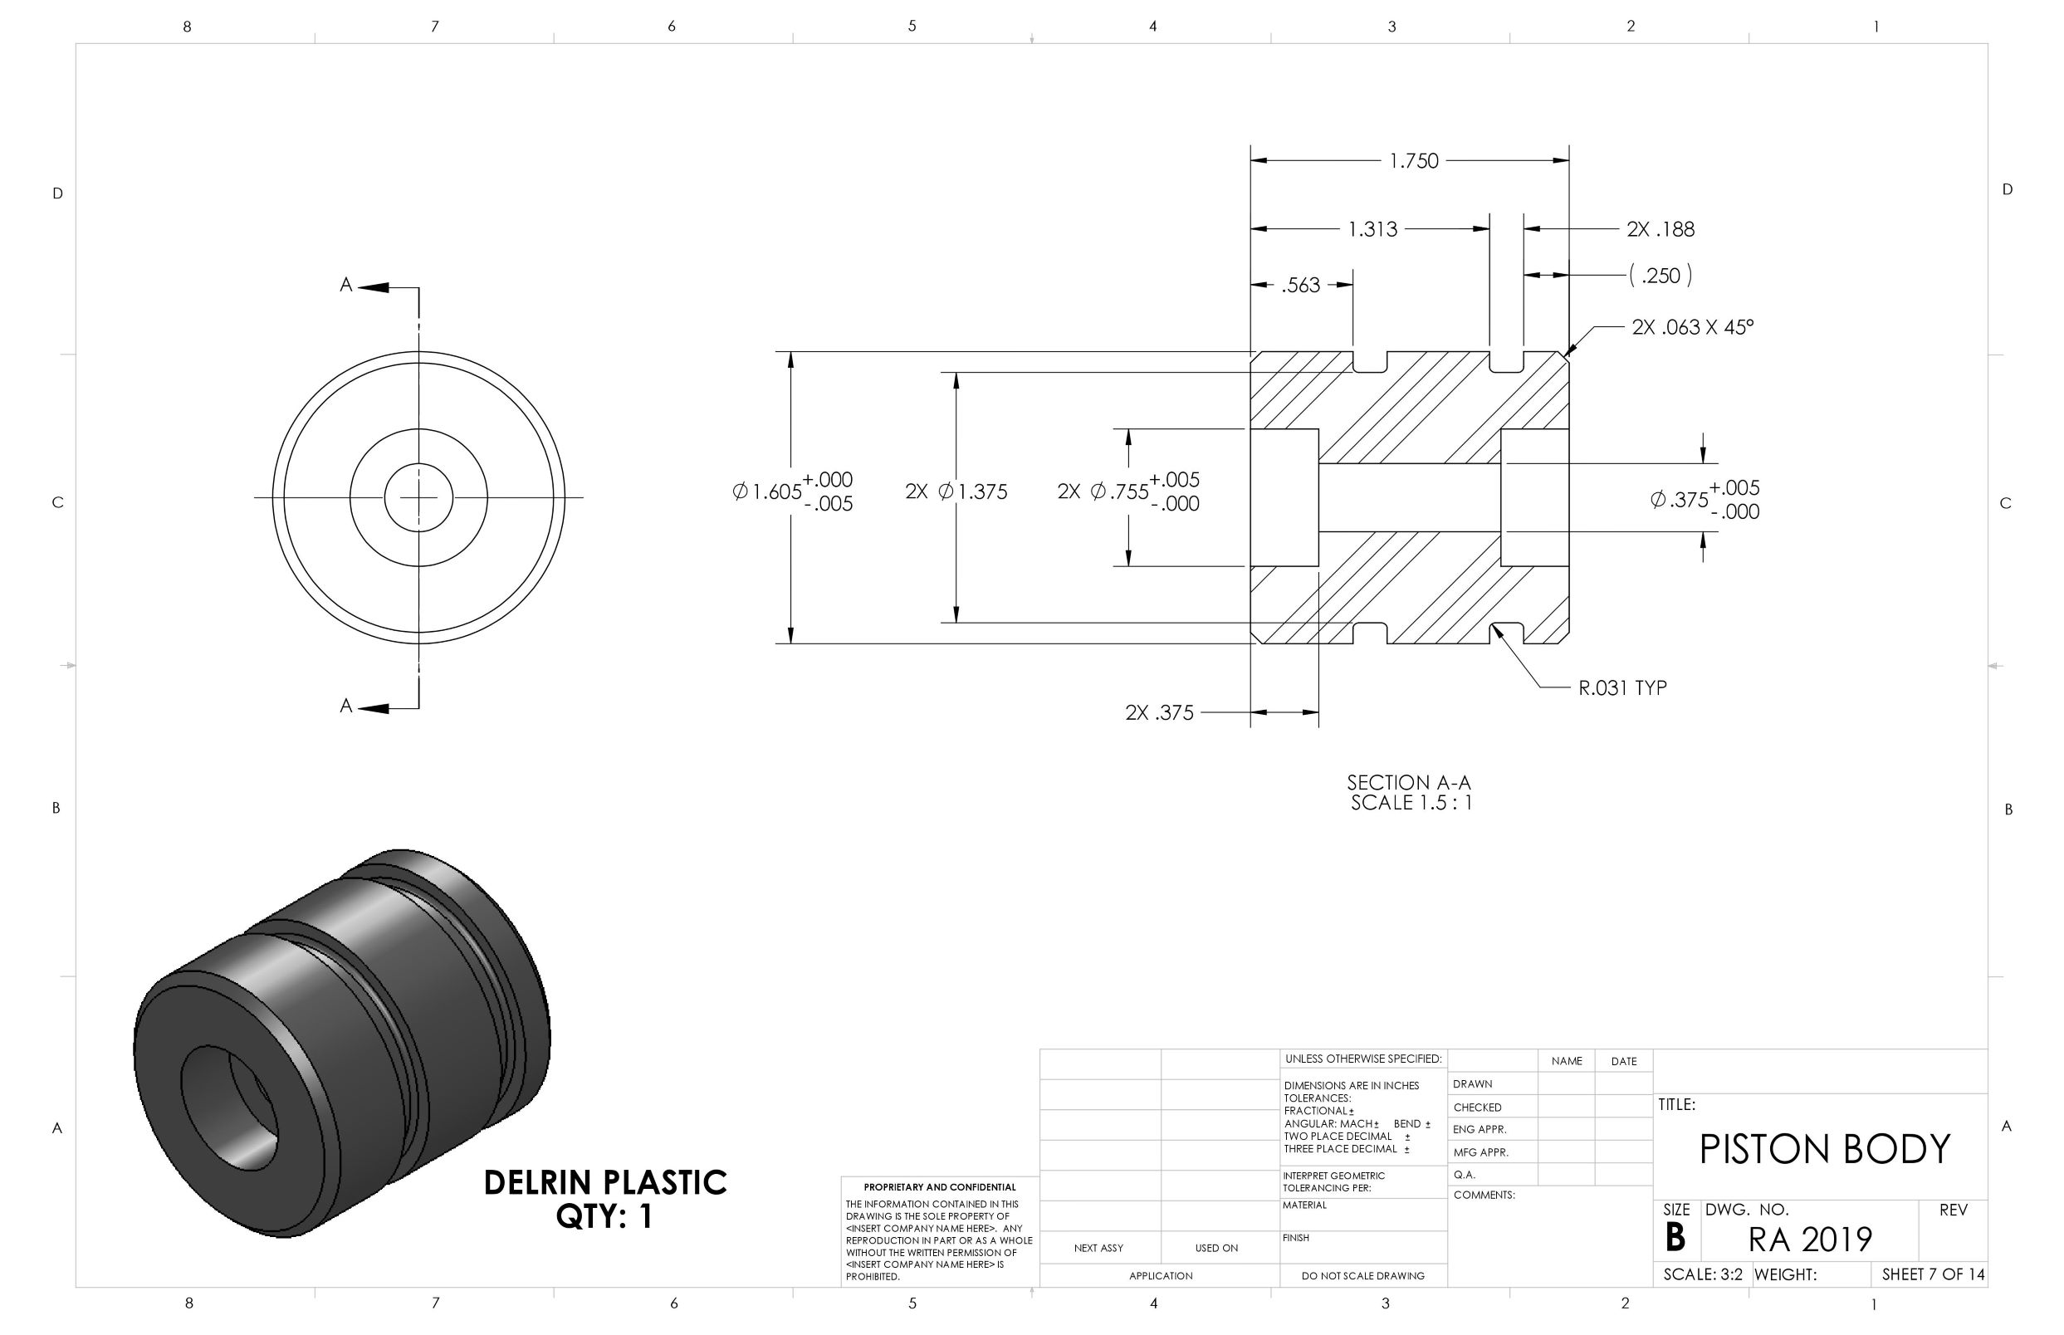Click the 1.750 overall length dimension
coord(1413,161)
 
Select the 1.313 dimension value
coord(1372,229)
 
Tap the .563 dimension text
coord(1300,286)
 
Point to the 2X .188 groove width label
coord(1660,229)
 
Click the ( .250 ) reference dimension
coord(1660,276)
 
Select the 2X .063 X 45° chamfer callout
coord(1692,327)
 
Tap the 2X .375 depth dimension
coord(1159,712)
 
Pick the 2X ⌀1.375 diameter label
coord(956,491)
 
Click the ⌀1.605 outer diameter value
coord(767,491)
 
